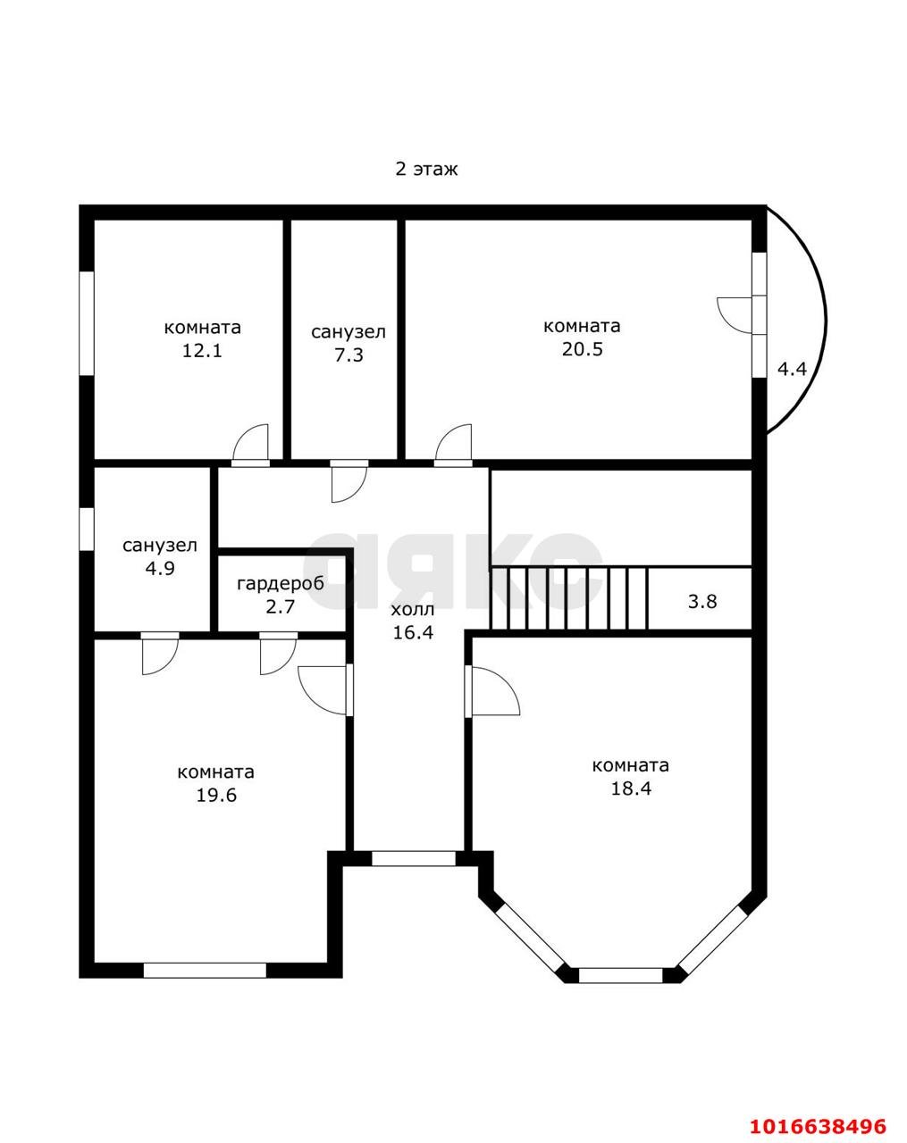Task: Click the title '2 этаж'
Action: pyautogui.click(x=426, y=170)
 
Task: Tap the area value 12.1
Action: pyautogui.click(x=202, y=351)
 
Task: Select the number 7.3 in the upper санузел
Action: pyautogui.click(x=349, y=355)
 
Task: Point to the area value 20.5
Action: pyautogui.click(x=582, y=349)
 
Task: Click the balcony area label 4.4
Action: pyautogui.click(x=792, y=369)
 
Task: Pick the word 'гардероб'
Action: pyautogui.click(x=281, y=584)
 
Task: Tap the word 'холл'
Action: pyautogui.click(x=413, y=609)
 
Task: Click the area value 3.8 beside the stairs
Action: pyautogui.click(x=702, y=602)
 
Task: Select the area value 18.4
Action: pyautogui.click(x=631, y=788)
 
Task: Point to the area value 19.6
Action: pyautogui.click(x=216, y=795)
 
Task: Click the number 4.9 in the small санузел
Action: pyautogui.click(x=160, y=568)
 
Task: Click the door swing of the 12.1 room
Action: pyautogui.click(x=250, y=445)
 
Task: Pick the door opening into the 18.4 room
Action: pyautogui.click(x=491, y=690)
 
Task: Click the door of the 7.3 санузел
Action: pyautogui.click(x=349, y=480)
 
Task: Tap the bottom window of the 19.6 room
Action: pyautogui.click(x=205, y=971)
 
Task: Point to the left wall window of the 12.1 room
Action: pyautogui.click(x=87, y=323)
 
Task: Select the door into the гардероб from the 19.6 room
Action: pyautogui.click(x=278, y=654)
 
